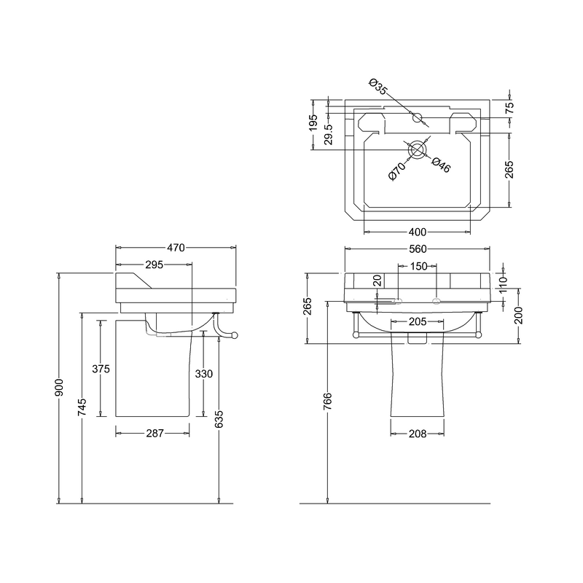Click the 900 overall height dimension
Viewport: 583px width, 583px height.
pos(60,388)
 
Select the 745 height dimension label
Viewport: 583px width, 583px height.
pos(82,407)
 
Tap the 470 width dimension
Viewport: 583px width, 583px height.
pos(176,248)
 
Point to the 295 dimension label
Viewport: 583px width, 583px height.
pos(154,265)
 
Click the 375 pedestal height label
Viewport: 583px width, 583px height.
pos(101,369)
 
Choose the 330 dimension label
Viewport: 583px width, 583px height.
pos(204,374)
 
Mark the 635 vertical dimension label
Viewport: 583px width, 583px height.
pos(219,419)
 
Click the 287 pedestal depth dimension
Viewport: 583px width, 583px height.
pos(154,433)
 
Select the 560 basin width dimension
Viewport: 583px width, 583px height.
pos(418,249)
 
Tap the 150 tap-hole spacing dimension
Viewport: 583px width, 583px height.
pos(418,266)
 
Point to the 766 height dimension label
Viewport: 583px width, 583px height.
pos(327,402)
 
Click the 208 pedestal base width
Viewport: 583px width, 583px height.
pos(418,434)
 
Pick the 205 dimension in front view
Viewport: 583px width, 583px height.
pos(418,321)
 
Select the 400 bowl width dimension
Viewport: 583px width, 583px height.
pos(418,232)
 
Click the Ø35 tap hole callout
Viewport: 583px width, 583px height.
pos(378,87)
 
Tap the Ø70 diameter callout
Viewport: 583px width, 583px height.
pos(397,171)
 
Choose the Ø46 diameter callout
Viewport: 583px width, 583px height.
pos(442,165)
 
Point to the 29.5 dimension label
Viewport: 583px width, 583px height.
pos(329,134)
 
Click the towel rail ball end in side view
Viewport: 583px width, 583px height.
pos(234,336)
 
